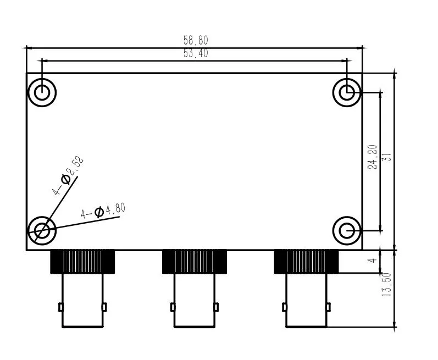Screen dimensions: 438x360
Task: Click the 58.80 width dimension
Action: pos(196,40)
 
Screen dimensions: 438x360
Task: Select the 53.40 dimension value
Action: pos(196,53)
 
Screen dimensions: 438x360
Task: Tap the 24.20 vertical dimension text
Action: pos(373,157)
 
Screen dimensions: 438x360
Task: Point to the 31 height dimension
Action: pos(388,157)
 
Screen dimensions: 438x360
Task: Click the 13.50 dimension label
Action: pos(386,284)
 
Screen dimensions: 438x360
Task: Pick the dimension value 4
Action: pos(372,261)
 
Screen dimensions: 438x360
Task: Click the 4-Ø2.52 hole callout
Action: pos(68,175)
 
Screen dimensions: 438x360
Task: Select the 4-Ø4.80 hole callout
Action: pos(103,211)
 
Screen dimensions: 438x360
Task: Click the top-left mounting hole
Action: pos(42,92)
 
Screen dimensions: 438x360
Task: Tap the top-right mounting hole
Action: pos(347,92)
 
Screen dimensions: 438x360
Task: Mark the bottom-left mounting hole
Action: pos(42,231)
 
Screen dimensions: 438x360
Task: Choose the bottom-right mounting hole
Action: pos(347,231)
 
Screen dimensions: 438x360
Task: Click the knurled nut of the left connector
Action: pos(82,262)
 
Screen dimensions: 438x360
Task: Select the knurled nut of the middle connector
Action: pos(195,262)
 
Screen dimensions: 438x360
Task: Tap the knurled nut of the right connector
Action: pos(306,262)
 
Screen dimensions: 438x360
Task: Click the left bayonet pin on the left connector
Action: pos(60,307)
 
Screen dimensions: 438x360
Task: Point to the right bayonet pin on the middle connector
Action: pos(216,307)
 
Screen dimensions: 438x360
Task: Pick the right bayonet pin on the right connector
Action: pos(328,307)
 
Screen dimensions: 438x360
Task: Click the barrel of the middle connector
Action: pos(195,301)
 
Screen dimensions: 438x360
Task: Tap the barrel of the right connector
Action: pos(307,301)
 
